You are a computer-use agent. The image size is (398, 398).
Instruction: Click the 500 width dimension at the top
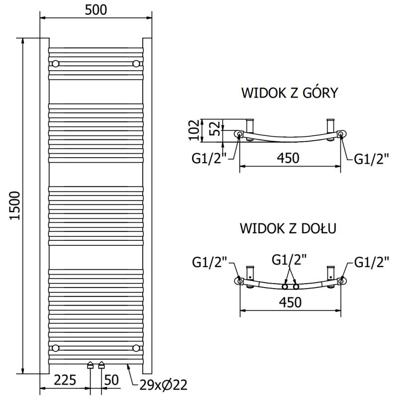96,10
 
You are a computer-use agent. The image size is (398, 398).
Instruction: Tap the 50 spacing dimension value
112,381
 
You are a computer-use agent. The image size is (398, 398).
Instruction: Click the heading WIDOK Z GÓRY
290,93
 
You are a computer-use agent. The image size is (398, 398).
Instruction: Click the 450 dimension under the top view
289,158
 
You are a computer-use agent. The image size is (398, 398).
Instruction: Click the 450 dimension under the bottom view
289,302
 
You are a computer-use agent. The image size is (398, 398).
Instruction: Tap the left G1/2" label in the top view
209,159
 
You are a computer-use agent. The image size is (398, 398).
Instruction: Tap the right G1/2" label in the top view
371,159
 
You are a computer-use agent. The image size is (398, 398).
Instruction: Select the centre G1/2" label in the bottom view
289,260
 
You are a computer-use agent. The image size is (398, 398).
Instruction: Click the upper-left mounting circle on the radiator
55,64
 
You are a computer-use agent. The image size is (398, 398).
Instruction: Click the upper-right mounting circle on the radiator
136,64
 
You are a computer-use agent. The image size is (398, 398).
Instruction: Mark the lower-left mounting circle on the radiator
55,347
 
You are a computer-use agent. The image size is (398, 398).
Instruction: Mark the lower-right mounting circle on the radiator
136,347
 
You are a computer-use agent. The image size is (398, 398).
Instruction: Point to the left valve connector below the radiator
90,366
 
